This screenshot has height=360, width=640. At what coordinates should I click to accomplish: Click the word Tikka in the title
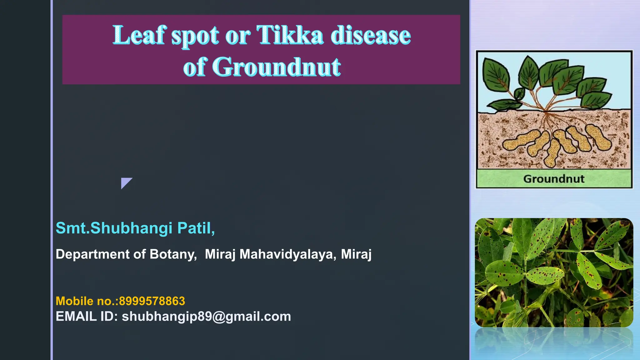[289, 35]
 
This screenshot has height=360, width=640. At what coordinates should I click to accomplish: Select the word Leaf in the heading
[139, 35]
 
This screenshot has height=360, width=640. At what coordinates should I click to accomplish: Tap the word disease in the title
[371, 35]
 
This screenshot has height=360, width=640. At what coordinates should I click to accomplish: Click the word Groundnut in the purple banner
[276, 67]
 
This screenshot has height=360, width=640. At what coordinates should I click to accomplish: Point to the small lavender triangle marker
[125, 182]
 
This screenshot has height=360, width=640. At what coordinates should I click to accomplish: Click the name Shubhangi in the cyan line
[131, 228]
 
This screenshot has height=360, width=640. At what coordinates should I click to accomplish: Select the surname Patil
[196, 228]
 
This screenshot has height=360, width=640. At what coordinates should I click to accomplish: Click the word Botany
[173, 254]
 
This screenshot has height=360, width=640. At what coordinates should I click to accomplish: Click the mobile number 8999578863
[152, 301]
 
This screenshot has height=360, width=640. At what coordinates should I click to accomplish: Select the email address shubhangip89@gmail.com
[206, 317]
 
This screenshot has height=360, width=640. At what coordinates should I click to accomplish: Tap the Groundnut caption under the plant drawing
[554, 179]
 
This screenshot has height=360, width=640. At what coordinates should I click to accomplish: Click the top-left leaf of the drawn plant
[496, 75]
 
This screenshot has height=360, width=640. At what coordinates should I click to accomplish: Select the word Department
[92, 254]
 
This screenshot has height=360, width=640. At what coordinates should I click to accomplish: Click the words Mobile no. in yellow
[86, 301]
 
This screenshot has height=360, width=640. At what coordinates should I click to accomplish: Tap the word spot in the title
[195, 36]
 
